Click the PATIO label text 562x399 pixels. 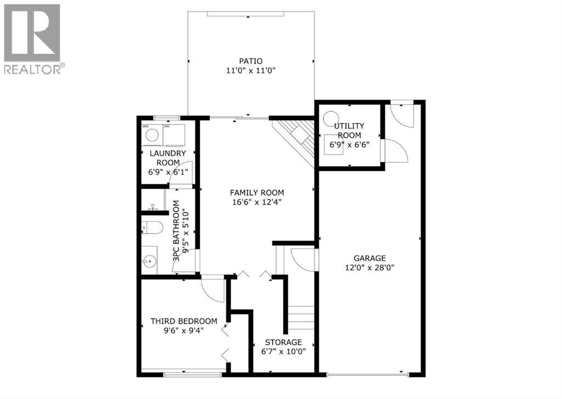[x=250, y=61]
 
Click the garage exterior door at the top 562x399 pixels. [x=403, y=114]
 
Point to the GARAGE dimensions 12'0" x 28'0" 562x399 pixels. [x=369, y=268]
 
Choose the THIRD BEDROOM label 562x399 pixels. [x=184, y=321]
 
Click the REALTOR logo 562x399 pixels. [x=33, y=39]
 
